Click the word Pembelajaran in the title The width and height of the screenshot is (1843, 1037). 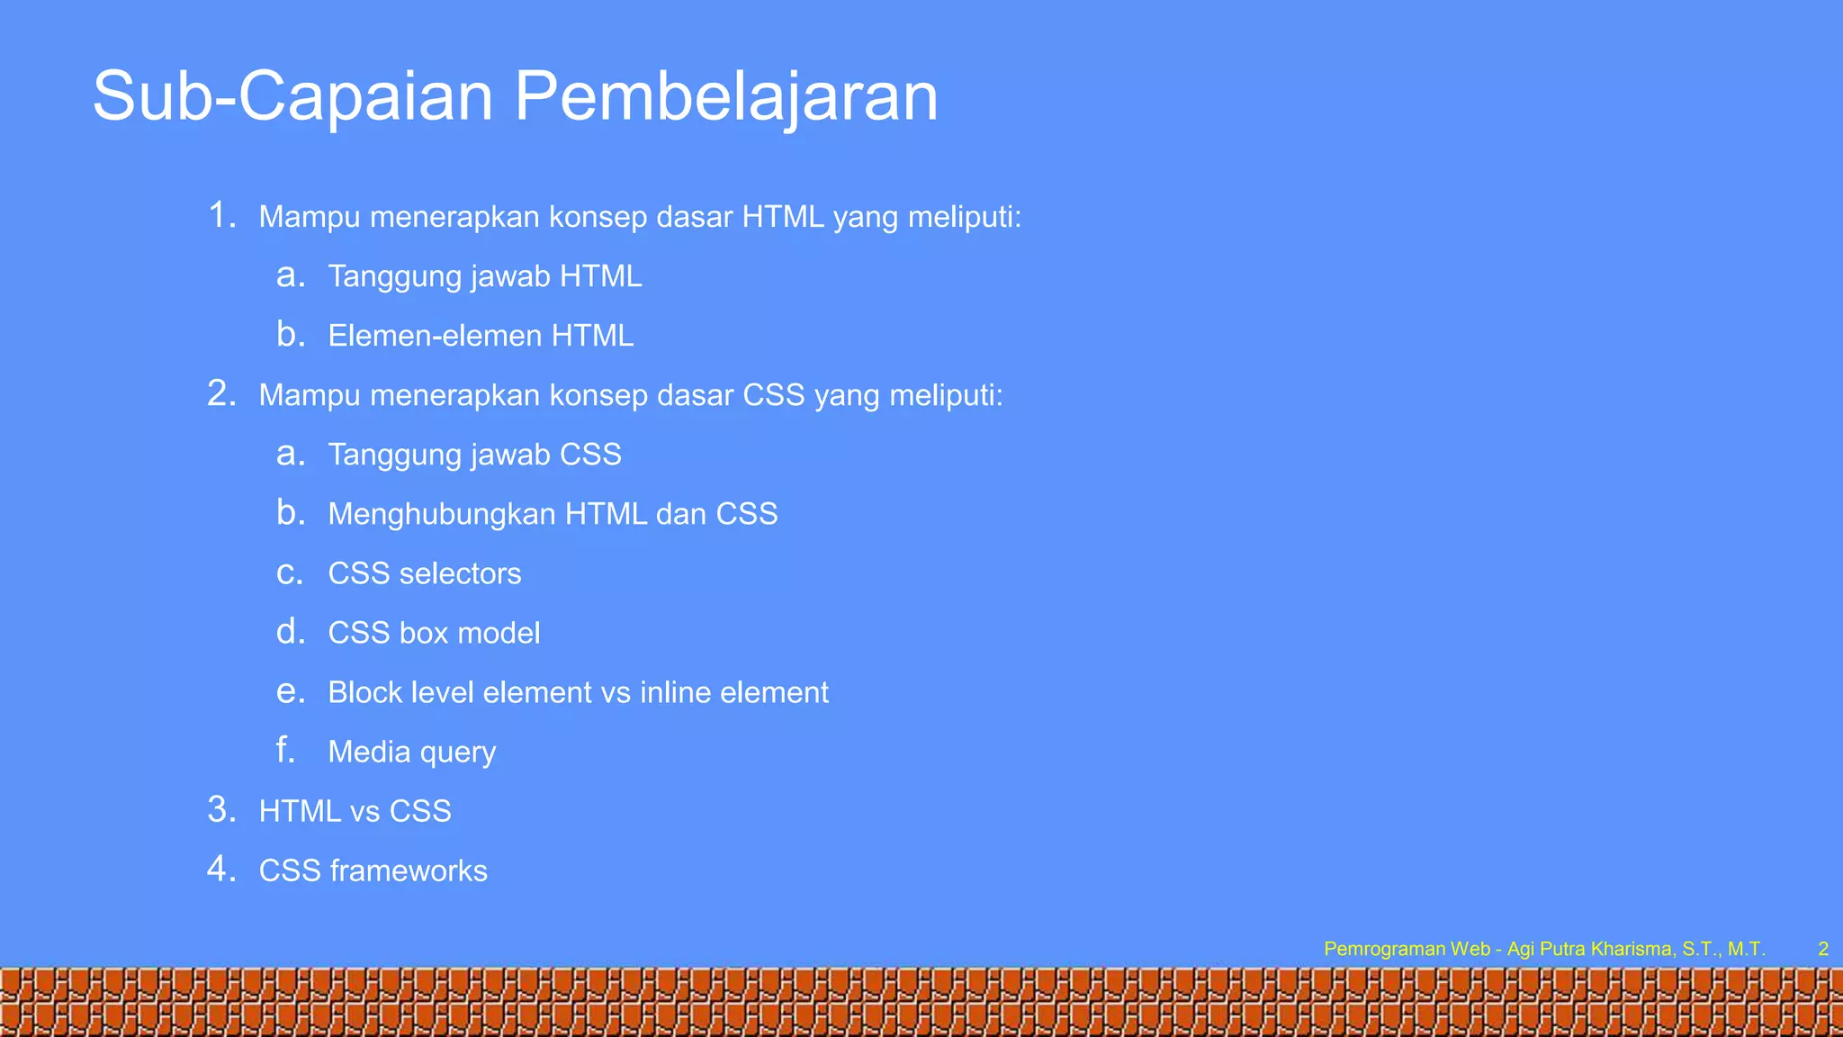pos(726,96)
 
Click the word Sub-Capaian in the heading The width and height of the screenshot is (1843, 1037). pos(293,96)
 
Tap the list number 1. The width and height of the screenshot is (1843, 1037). pos(220,216)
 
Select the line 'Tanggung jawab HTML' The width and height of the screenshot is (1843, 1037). pos(484,276)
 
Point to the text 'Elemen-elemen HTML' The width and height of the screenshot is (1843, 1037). pos(481,336)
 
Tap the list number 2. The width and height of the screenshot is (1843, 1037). pos(220,394)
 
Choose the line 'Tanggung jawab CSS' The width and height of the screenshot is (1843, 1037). pos(474,455)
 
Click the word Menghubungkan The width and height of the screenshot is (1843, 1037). pos(441,514)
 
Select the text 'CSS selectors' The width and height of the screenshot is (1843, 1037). pos(424,573)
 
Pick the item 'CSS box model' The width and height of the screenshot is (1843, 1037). pos(434,633)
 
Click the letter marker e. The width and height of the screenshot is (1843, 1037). pos(290,691)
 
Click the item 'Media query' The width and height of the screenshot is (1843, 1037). pos(411,752)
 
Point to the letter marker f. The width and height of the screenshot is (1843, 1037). pos(286,750)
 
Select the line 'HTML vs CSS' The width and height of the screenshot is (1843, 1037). pos(355,811)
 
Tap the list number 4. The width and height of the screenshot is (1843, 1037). pos(220,870)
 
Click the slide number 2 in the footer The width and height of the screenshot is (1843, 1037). pos(1823,949)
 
